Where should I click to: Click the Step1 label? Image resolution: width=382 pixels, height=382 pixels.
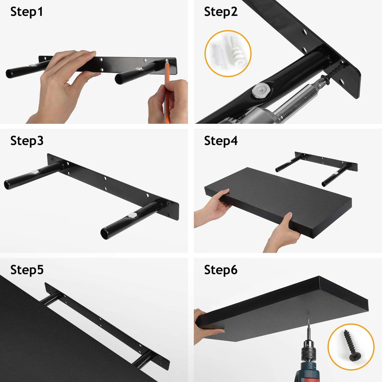[26, 12]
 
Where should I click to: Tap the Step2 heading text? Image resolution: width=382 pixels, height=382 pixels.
[221, 12]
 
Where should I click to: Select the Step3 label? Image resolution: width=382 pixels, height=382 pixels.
[27, 141]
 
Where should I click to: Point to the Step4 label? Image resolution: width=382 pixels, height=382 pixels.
[221, 141]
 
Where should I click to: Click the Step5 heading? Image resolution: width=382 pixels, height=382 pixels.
[27, 270]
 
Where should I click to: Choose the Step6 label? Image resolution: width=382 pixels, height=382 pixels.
[221, 270]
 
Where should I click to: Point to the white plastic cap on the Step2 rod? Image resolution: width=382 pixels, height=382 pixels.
[261, 92]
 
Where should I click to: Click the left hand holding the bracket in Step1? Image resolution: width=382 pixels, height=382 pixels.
[63, 85]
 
